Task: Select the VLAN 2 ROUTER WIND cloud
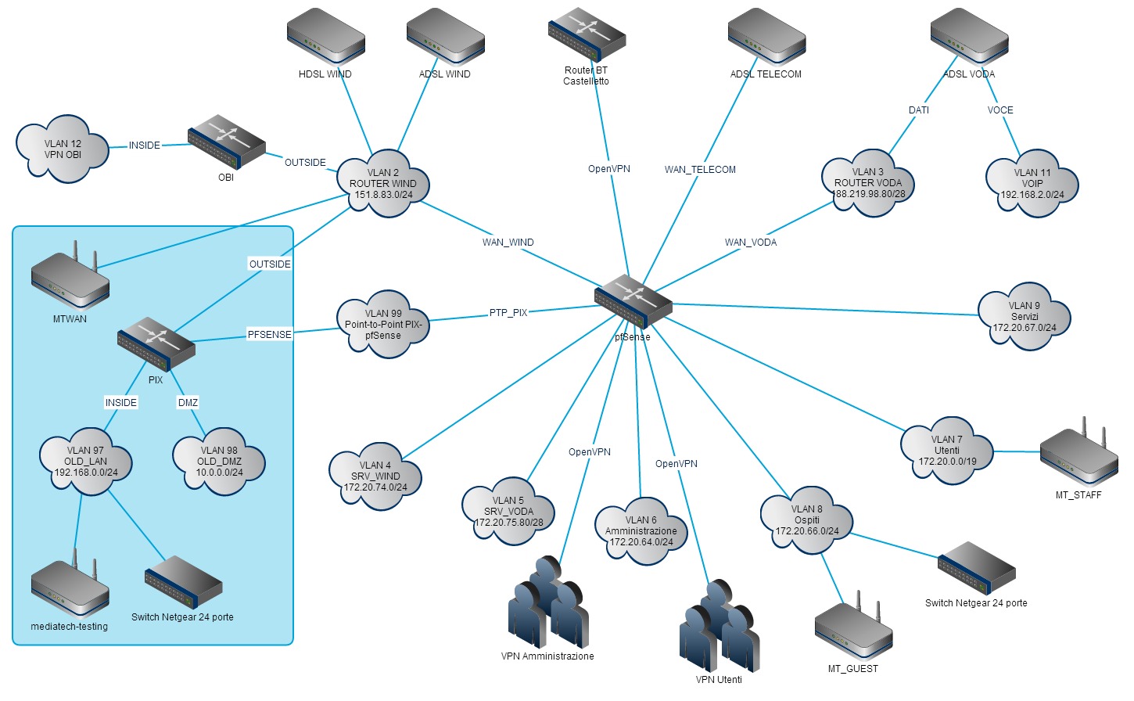(x=382, y=184)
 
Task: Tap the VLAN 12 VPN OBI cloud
(x=63, y=149)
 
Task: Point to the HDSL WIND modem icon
(x=325, y=35)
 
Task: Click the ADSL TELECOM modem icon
(x=766, y=36)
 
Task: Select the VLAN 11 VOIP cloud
(x=1032, y=184)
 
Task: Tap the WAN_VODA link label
(x=750, y=243)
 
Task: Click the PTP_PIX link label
(x=508, y=313)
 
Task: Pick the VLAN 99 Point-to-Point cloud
(x=383, y=325)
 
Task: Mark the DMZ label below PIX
(x=188, y=403)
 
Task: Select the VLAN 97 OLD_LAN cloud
(x=85, y=462)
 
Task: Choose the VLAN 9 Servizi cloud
(x=1024, y=317)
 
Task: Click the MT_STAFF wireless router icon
(x=1078, y=456)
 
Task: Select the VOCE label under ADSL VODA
(x=999, y=110)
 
